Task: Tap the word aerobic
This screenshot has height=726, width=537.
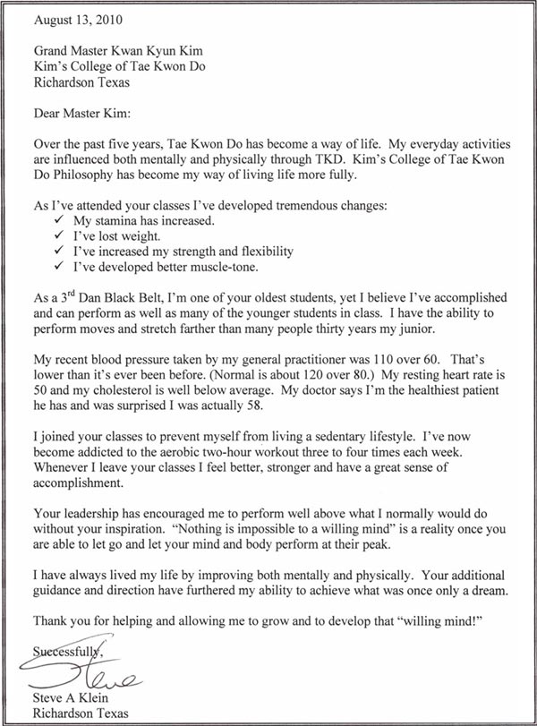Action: pos(195,452)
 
